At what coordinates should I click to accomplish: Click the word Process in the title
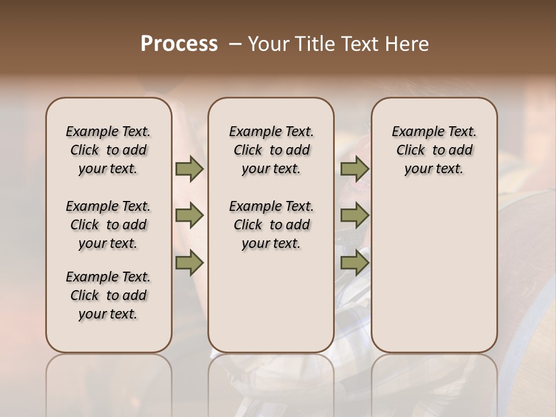click(179, 44)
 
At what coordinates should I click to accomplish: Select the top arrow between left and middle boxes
click(189, 169)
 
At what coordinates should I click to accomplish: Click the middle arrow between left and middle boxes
click(189, 216)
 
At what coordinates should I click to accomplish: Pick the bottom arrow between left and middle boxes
click(189, 263)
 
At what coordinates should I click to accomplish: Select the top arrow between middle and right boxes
click(354, 169)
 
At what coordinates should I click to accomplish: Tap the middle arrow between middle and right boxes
click(354, 216)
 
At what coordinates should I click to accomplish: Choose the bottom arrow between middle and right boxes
click(354, 263)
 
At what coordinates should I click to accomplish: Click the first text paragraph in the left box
click(108, 150)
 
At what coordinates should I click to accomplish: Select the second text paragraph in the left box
click(108, 225)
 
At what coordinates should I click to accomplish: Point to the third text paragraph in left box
click(108, 295)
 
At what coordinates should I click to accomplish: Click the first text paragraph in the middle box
click(271, 150)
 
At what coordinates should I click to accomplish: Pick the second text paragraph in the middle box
click(271, 225)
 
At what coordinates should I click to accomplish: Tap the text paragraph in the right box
click(434, 150)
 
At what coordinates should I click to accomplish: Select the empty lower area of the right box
click(434, 272)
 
